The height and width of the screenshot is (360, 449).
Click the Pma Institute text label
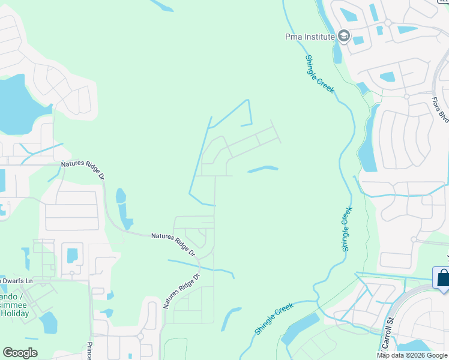click(309, 37)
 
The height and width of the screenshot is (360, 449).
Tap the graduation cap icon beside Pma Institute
click(343, 37)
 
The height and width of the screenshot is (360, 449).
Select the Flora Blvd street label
click(441, 110)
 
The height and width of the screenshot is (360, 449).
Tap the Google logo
click(20, 353)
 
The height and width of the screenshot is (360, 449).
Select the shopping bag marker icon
click(442, 278)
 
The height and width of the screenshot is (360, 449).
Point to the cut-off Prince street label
click(89, 351)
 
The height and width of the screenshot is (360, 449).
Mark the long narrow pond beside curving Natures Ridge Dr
click(124, 209)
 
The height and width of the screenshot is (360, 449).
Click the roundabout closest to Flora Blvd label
click(406, 96)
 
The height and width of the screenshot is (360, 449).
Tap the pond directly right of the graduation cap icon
click(358, 41)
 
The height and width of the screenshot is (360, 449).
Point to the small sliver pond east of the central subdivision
click(263, 169)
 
